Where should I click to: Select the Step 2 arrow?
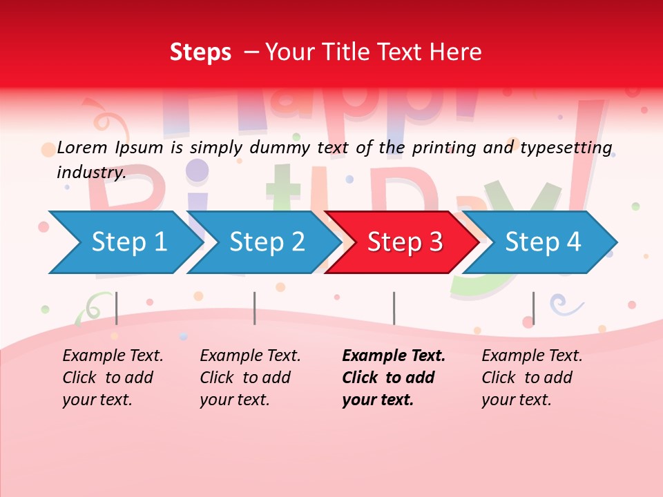pos(265,242)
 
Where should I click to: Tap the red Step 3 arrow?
pos(403,242)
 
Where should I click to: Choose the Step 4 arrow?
pos(542,242)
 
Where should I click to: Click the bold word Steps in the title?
pos(200,52)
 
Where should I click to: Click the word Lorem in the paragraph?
pos(83,147)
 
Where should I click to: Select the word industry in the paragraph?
pos(90,172)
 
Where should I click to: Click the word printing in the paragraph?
pos(441,147)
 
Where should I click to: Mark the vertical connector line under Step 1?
pos(117,308)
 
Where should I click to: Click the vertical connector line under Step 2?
pos(255,308)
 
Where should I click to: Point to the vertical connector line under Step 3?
pos(394,308)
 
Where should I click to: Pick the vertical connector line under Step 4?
pos(533,308)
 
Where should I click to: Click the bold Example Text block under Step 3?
pos(393,378)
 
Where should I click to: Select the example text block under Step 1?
pos(113,378)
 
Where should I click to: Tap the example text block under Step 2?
pos(250,378)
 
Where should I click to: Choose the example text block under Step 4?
pos(531,378)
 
